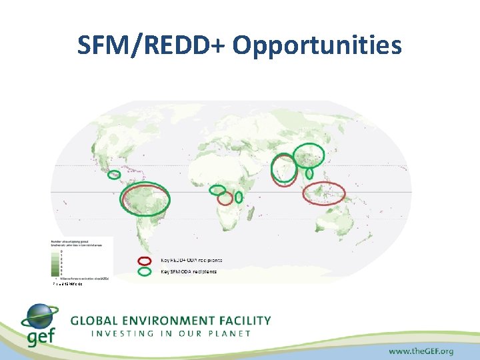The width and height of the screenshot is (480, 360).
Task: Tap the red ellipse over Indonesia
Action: click(x=324, y=193)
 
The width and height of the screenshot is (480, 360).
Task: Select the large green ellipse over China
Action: click(x=309, y=155)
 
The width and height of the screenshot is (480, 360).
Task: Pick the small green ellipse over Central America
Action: click(x=114, y=175)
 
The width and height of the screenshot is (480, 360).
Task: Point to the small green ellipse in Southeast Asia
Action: click(x=309, y=173)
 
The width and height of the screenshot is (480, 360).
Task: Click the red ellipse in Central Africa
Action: click(x=225, y=198)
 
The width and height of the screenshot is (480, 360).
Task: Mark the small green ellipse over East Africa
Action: click(x=238, y=197)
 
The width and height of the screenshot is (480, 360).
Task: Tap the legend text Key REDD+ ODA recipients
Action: click(x=191, y=260)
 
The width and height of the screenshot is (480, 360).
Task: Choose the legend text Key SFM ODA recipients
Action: click(x=189, y=271)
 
